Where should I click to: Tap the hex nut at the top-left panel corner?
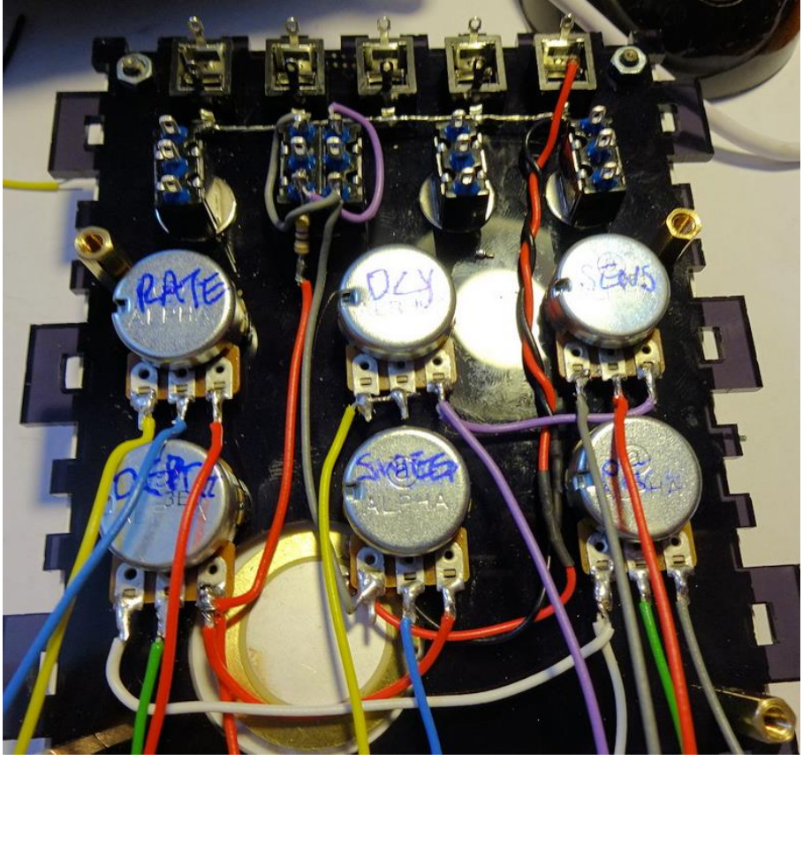133,65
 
